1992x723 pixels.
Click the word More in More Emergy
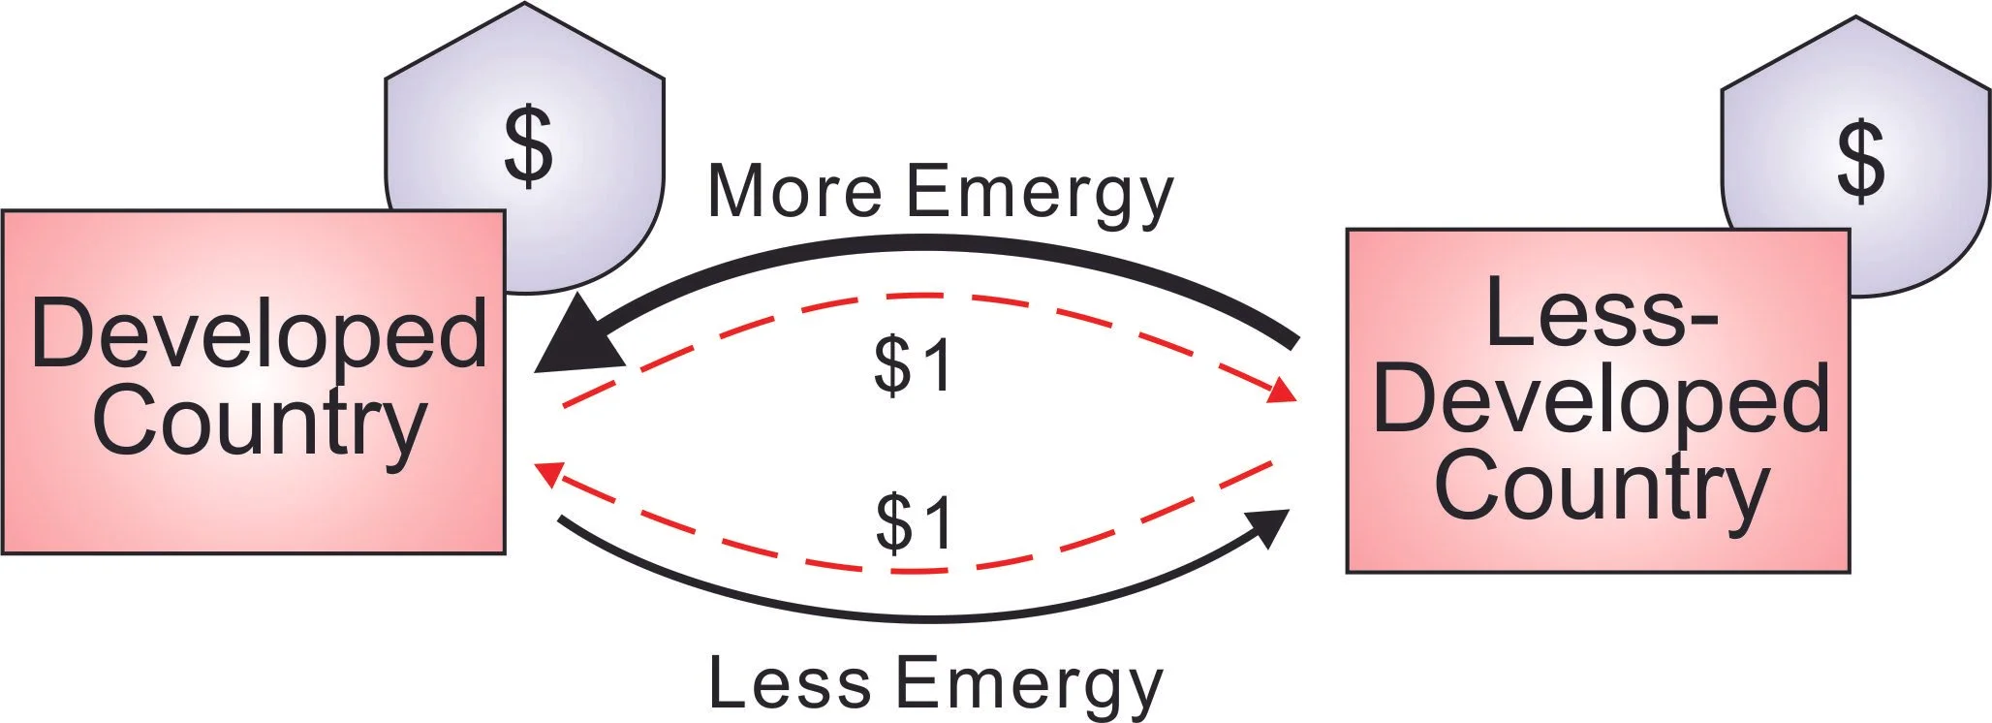pos(794,190)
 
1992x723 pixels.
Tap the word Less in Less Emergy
pos(790,682)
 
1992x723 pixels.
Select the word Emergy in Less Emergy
pos(1033,687)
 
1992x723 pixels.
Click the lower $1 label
pos(916,523)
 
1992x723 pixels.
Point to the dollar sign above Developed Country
pos(528,146)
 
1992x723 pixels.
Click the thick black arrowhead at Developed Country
pos(579,341)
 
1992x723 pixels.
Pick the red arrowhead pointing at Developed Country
pos(549,474)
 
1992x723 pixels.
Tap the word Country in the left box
pos(258,423)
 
